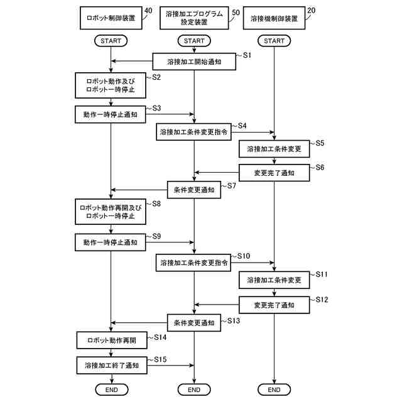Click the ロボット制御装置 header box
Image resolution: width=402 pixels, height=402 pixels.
tap(111, 18)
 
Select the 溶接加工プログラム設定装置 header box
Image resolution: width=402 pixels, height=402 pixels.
tap(194, 18)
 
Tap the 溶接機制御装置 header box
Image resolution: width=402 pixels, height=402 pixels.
tap(274, 18)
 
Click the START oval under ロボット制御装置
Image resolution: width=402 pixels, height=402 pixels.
tap(111, 41)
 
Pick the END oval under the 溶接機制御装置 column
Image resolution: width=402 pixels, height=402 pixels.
tap(274, 390)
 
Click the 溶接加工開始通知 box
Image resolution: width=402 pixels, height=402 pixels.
tap(194, 62)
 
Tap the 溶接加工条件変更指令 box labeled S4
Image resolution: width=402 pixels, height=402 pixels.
tap(194, 133)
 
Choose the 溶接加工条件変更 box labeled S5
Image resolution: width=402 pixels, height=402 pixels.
tap(274, 149)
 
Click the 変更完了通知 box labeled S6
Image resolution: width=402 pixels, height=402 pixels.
tap(274, 171)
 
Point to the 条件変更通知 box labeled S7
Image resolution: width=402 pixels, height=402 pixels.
tap(194, 189)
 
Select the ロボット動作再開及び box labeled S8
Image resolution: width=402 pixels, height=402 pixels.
tap(111, 213)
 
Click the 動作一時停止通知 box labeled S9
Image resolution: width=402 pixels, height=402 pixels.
tap(111, 242)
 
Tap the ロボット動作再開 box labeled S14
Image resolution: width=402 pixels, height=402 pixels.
tap(111, 340)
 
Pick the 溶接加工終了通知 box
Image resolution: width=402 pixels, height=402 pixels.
tap(111, 364)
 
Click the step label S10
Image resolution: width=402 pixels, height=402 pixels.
tap(242, 256)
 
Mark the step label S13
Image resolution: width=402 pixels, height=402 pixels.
tap(232, 320)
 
